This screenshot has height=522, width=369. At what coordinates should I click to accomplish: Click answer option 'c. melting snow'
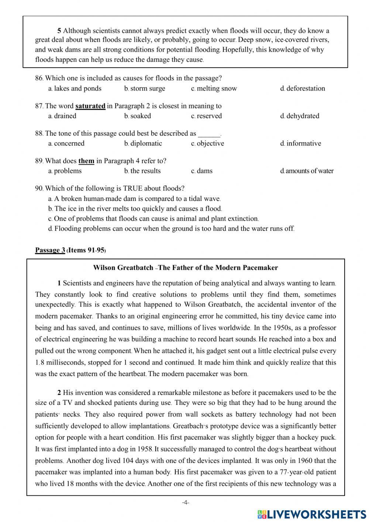[214, 89]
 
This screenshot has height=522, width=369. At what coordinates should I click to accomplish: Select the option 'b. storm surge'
[145, 89]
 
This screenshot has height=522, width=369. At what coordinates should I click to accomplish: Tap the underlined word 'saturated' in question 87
[90, 106]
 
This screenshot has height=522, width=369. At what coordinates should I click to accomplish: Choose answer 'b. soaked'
[138, 116]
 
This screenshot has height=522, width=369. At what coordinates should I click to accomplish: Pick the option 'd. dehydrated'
[300, 116]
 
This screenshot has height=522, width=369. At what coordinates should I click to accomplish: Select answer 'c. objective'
[207, 144]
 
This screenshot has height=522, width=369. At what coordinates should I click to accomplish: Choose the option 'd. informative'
[300, 144]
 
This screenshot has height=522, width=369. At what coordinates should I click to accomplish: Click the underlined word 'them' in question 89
[86, 161]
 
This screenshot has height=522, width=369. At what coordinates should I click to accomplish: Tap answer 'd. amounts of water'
[307, 171]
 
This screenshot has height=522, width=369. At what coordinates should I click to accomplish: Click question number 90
[39, 188]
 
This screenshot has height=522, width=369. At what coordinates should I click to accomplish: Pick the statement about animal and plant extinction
[154, 219]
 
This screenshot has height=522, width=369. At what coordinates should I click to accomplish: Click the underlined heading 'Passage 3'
[50, 250]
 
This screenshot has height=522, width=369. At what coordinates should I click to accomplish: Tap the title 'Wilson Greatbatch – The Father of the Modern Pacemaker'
[186, 268]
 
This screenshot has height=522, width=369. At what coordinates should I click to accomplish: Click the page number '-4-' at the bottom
[185, 502]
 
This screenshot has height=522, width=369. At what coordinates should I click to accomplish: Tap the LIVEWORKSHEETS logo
[312, 514]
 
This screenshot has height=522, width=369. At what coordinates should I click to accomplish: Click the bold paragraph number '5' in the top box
[59, 31]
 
